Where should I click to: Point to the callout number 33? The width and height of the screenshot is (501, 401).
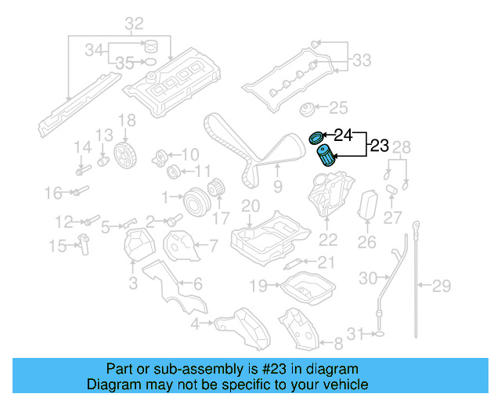362,60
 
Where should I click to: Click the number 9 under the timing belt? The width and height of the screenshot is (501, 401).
277,186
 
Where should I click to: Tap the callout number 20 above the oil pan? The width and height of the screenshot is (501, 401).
250,206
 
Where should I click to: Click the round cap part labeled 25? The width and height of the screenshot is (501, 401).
308,108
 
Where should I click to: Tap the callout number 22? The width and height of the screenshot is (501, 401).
328,241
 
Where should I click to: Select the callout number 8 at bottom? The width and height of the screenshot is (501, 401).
338,343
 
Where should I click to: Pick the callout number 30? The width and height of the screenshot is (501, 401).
368,277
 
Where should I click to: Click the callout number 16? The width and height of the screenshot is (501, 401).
52,193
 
